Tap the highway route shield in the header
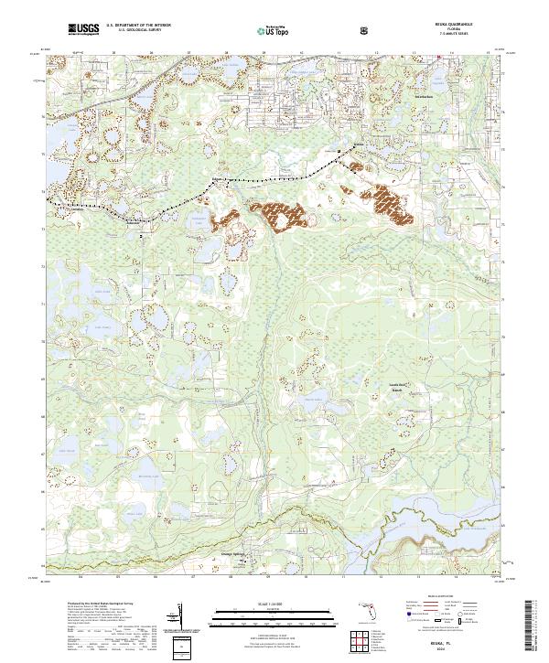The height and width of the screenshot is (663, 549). click(x=364, y=30)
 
